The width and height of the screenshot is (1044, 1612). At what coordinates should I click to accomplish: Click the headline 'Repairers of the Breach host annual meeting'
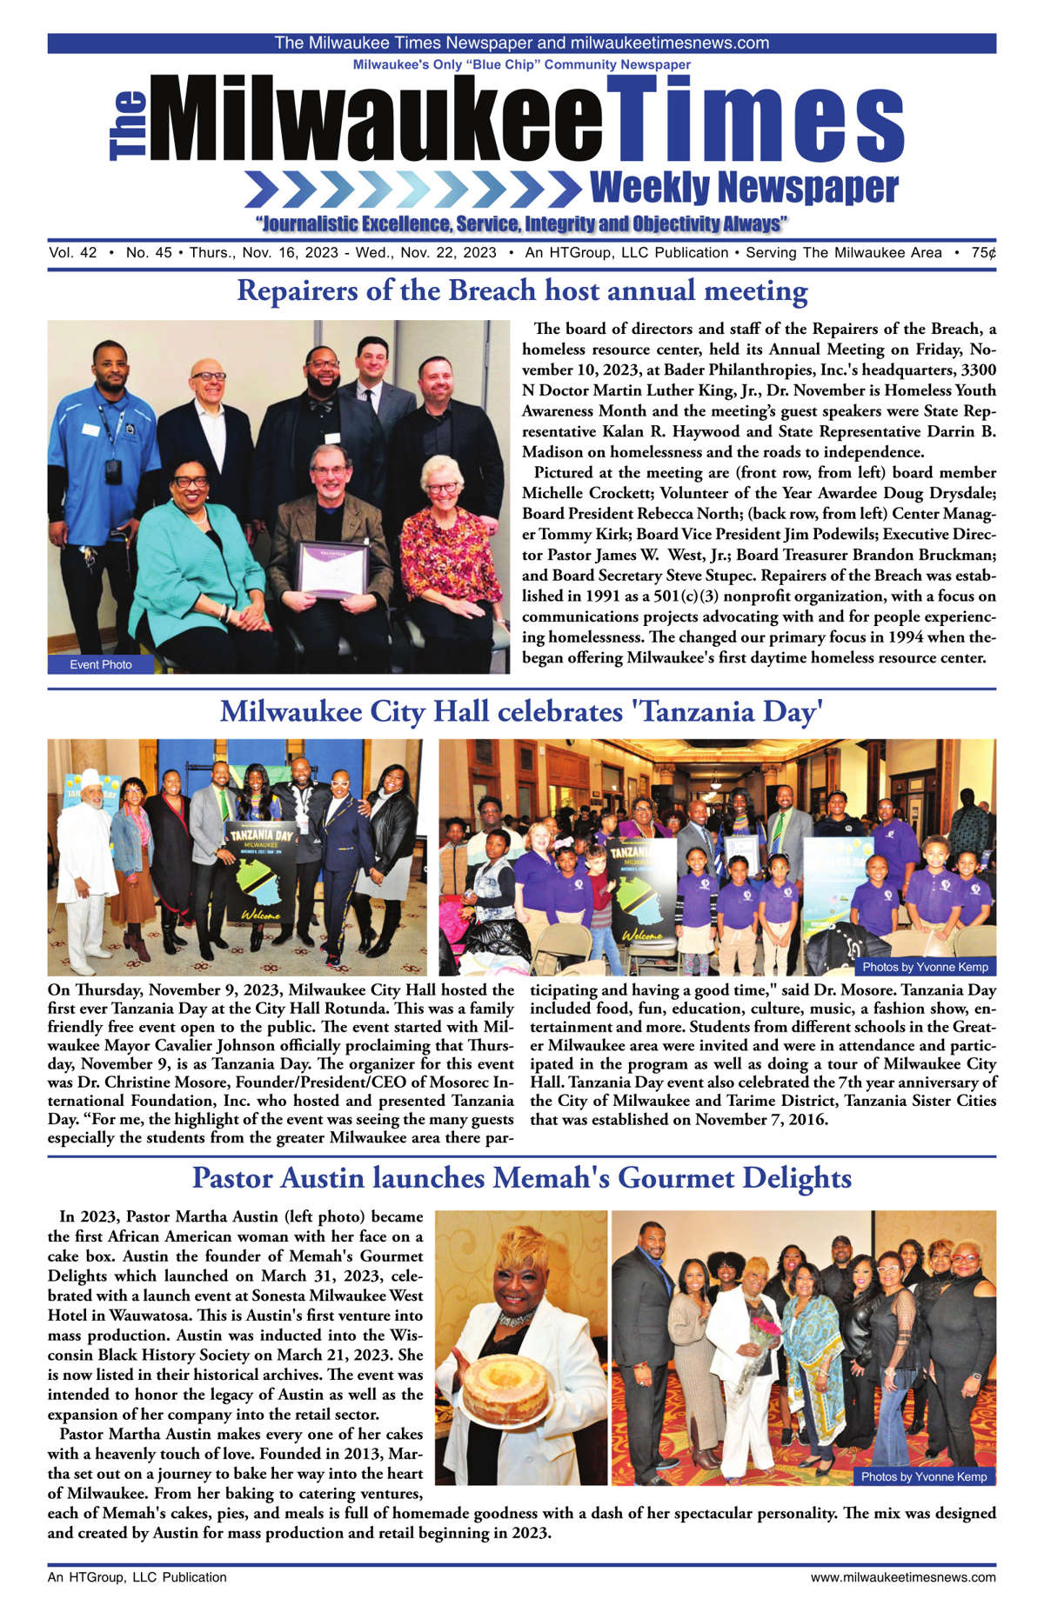pyautogui.click(x=522, y=290)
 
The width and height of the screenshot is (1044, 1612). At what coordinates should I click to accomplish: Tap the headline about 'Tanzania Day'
pyautogui.click(x=522, y=711)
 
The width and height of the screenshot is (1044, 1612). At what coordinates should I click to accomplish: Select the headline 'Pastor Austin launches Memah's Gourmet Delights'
pyautogui.click(x=522, y=1178)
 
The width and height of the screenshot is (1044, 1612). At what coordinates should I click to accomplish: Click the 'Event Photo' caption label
pyautogui.click(x=101, y=664)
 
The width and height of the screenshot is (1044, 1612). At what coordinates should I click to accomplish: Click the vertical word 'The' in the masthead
pyautogui.click(x=128, y=126)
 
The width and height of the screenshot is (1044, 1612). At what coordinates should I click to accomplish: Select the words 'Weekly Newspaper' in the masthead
pyautogui.click(x=743, y=187)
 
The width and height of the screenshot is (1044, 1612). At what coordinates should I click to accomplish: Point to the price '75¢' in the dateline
pyautogui.click(x=983, y=253)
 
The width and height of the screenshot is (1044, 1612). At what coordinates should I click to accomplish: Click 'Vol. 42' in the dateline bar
pyautogui.click(x=73, y=253)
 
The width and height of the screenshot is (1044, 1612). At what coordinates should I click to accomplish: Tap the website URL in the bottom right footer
pyautogui.click(x=903, y=1576)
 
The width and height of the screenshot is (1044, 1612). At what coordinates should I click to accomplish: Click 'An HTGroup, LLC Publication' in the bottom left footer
pyautogui.click(x=137, y=1576)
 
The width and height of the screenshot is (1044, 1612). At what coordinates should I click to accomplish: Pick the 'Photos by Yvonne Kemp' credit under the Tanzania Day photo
pyautogui.click(x=925, y=966)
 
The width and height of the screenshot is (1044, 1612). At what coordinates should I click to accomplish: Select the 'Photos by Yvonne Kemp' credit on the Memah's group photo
pyautogui.click(x=924, y=1475)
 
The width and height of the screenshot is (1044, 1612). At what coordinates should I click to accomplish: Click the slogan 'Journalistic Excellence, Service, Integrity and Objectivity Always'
pyautogui.click(x=522, y=223)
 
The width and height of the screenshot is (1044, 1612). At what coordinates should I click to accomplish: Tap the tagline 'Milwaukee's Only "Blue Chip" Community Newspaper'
pyautogui.click(x=522, y=64)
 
